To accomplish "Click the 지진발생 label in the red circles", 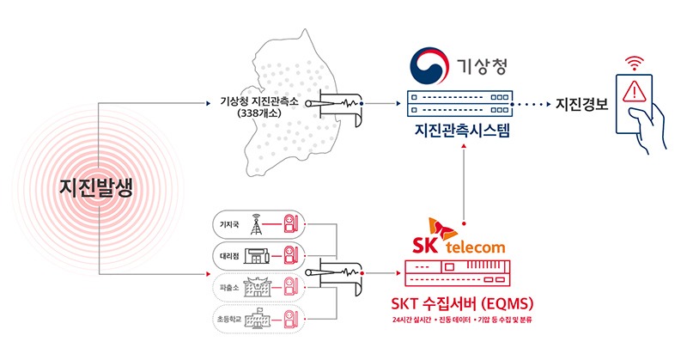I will [96, 188].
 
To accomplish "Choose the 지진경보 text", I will [581, 106].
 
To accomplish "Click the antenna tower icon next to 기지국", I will [255, 224].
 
